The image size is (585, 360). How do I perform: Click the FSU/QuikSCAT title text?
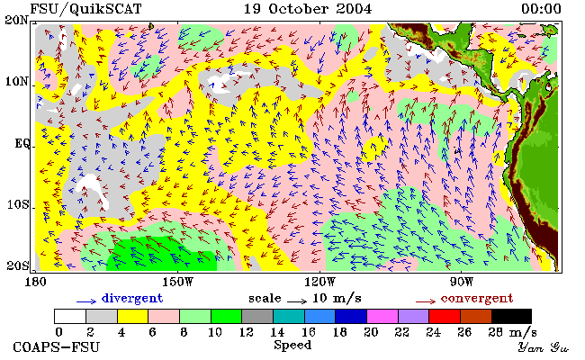coord(85,9)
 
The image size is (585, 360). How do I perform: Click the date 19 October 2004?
coord(308,9)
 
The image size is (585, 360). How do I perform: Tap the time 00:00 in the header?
coord(541,9)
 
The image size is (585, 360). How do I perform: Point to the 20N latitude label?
coord(17,20)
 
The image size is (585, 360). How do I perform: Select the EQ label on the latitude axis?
coord(22,144)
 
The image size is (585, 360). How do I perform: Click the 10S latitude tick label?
coord(18,204)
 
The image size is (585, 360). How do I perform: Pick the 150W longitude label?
coord(178,282)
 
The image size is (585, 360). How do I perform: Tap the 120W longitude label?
coord(319,282)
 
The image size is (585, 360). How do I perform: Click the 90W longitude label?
coord(462,282)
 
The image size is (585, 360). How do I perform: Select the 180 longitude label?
coord(35,282)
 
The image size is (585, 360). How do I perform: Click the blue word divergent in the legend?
coord(132,299)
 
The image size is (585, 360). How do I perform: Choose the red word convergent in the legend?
coord(477,299)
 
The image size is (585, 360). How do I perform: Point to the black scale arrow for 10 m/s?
coord(297,301)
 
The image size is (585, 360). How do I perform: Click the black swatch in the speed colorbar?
coord(511,316)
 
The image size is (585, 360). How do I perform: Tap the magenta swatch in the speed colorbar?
coord(382,316)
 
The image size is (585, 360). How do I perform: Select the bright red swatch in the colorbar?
coord(445,316)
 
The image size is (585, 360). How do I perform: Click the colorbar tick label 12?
coord(246,332)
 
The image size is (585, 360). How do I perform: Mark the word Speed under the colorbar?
coord(292,345)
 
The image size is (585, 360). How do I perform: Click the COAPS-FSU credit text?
coord(57,347)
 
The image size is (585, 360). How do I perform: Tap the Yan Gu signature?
coord(543,348)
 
